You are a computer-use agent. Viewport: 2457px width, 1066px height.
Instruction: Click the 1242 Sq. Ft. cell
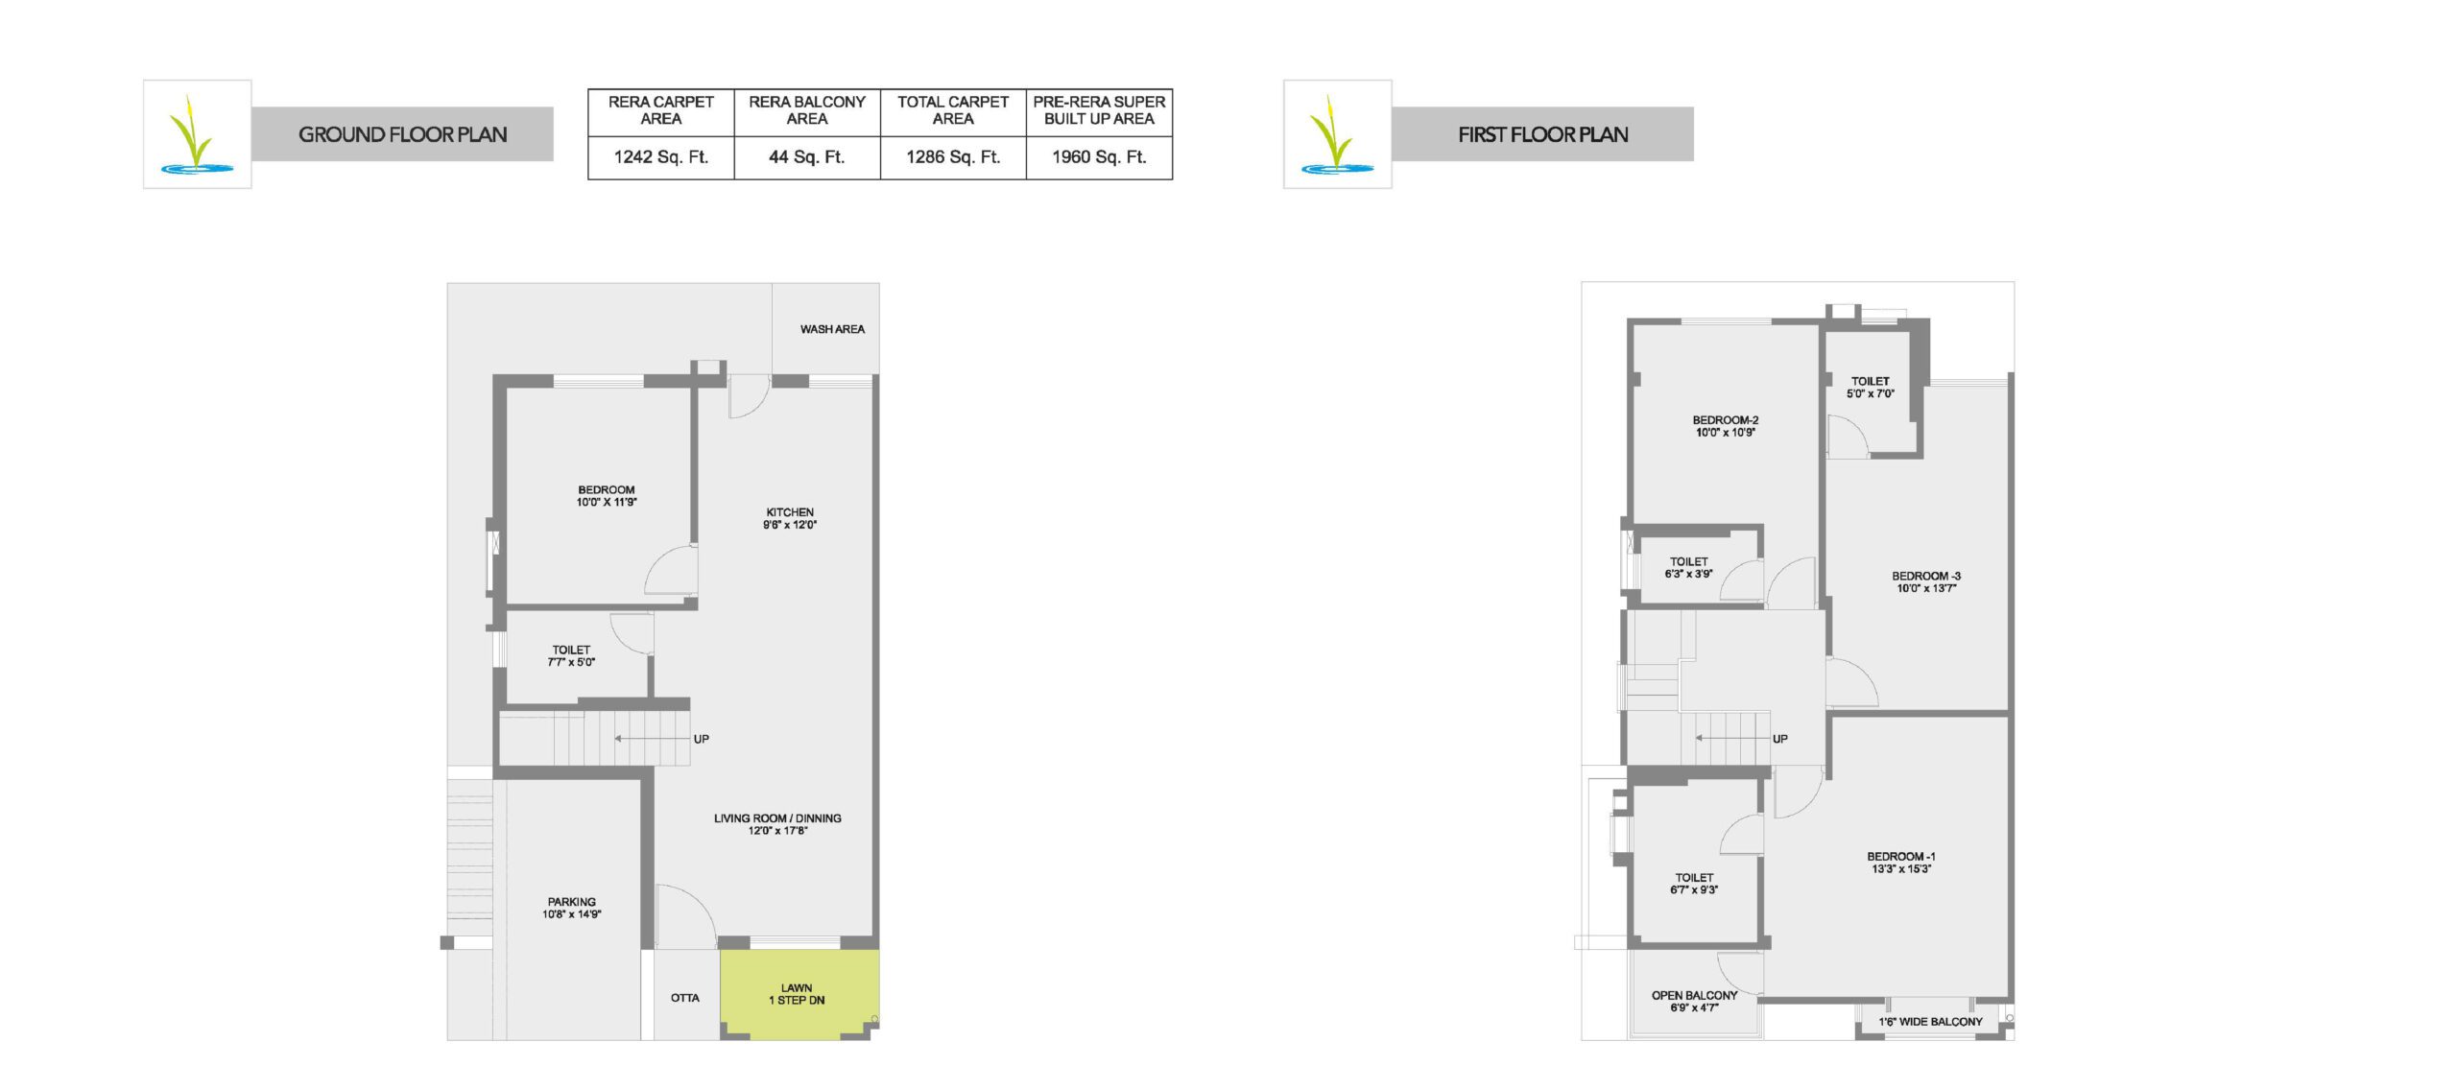pos(661,157)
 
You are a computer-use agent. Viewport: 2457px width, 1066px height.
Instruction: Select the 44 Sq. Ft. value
pos(807,157)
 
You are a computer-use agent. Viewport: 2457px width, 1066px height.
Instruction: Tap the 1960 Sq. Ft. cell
pos(1099,157)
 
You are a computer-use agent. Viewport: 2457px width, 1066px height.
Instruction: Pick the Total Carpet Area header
pos(953,110)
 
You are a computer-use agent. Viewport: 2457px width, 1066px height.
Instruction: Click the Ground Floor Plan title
pos(403,134)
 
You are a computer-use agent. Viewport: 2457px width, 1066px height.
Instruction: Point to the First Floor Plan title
pos(1543,134)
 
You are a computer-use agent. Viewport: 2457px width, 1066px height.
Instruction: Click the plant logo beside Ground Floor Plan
pos(198,134)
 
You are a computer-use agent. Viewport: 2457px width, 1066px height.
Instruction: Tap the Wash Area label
pos(832,329)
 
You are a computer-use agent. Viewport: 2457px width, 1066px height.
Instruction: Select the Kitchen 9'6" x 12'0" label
pos(790,518)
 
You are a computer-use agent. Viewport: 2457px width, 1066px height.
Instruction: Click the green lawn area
pos(799,995)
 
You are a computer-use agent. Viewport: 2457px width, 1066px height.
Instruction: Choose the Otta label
pos(685,998)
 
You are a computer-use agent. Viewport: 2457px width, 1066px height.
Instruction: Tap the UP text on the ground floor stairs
pos(702,739)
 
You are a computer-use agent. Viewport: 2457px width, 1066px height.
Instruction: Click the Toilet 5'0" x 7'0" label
pos(1871,388)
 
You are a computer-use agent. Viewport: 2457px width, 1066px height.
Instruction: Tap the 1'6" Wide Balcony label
pos(1930,1022)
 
